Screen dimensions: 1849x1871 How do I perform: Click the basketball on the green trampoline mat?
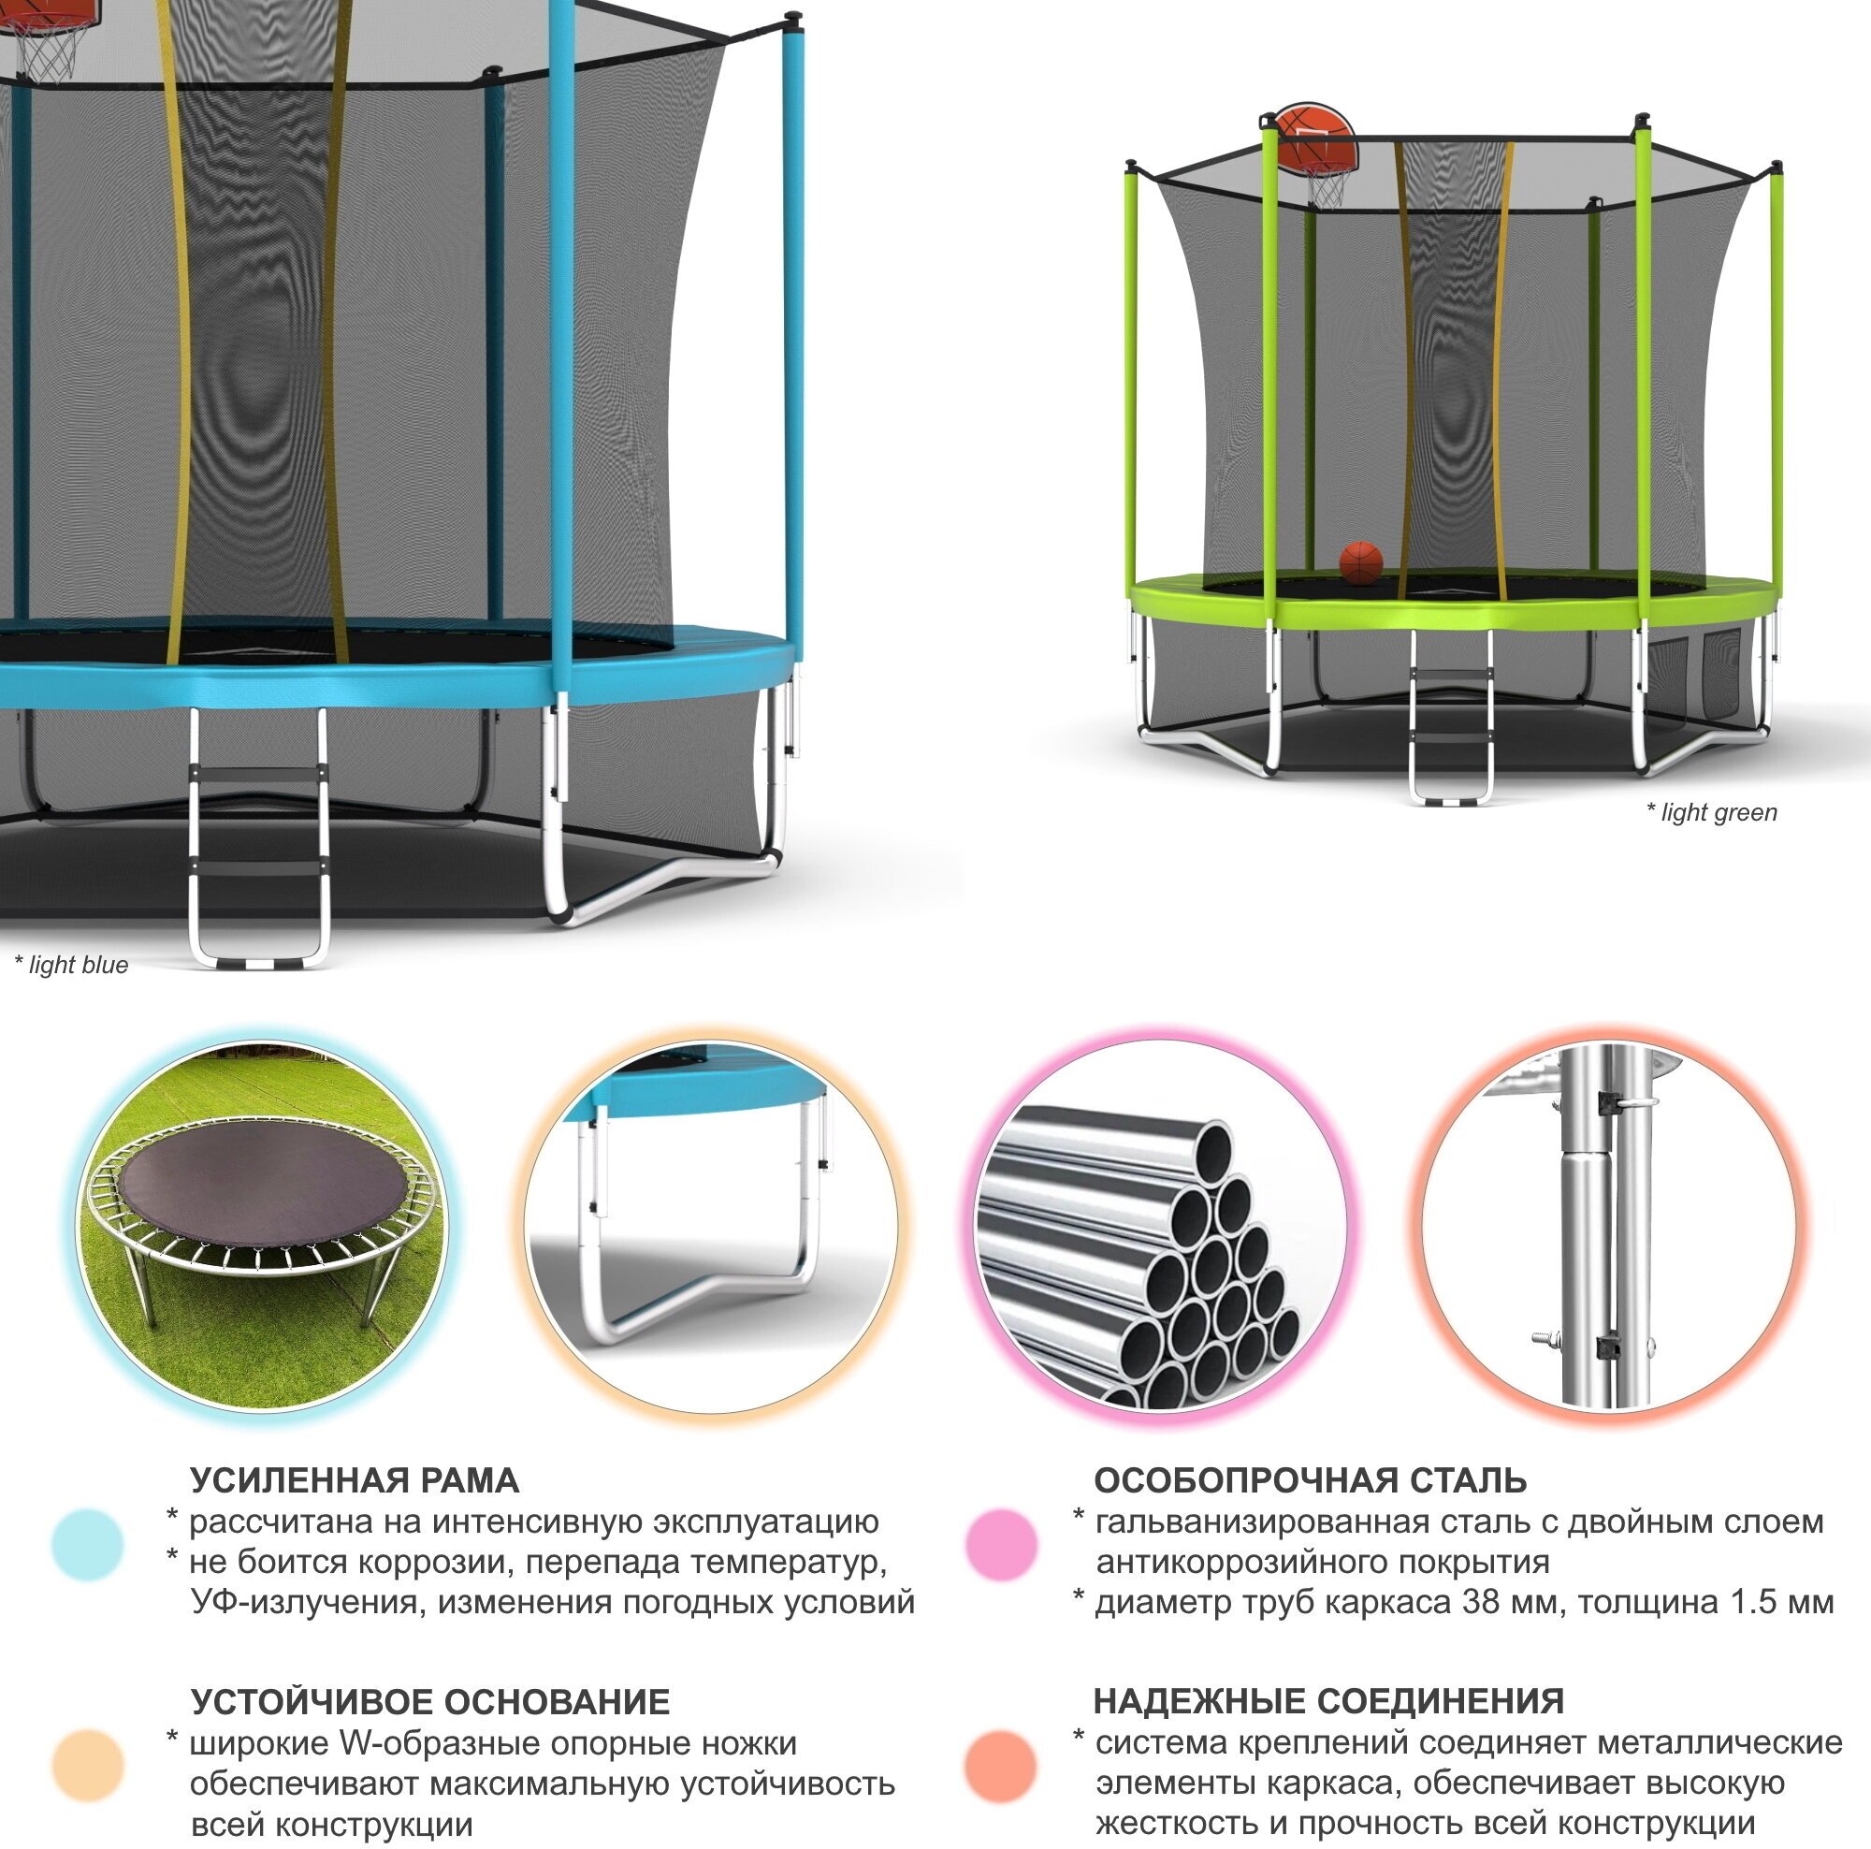click(x=1360, y=561)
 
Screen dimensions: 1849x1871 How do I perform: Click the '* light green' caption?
click(x=1711, y=812)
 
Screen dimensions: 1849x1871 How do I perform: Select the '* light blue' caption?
click(x=71, y=965)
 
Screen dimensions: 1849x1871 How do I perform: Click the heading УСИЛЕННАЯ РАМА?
click(x=355, y=1481)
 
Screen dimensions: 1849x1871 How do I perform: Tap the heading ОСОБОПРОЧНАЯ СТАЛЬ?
click(x=1311, y=1481)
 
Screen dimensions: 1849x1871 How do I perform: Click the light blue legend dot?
click(x=88, y=1545)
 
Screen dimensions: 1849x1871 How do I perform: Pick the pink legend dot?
click(x=1001, y=1545)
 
